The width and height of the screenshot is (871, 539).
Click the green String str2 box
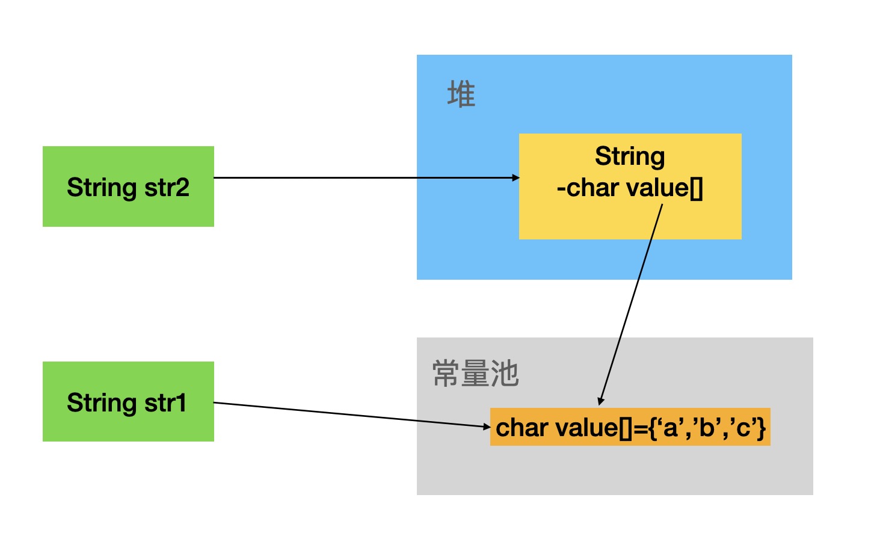(x=128, y=186)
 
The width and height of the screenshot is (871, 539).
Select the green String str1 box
(x=128, y=401)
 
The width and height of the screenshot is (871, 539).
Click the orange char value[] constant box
(x=630, y=428)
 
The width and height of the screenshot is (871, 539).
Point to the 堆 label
(x=461, y=95)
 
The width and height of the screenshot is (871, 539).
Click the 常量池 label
(x=475, y=374)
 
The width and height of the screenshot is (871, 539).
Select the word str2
(x=167, y=187)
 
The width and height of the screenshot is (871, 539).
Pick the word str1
(x=165, y=402)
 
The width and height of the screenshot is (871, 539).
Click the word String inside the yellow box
(x=630, y=156)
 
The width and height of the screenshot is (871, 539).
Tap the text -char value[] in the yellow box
(x=630, y=188)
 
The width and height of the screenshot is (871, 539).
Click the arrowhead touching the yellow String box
(x=516, y=177)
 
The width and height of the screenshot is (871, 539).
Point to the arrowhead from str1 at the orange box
(x=487, y=427)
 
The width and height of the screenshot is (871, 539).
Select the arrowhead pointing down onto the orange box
(x=600, y=401)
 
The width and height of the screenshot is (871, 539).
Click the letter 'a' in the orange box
(x=669, y=428)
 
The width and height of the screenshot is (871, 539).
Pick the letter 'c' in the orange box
(x=742, y=428)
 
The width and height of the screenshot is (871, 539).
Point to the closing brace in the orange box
(x=762, y=428)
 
